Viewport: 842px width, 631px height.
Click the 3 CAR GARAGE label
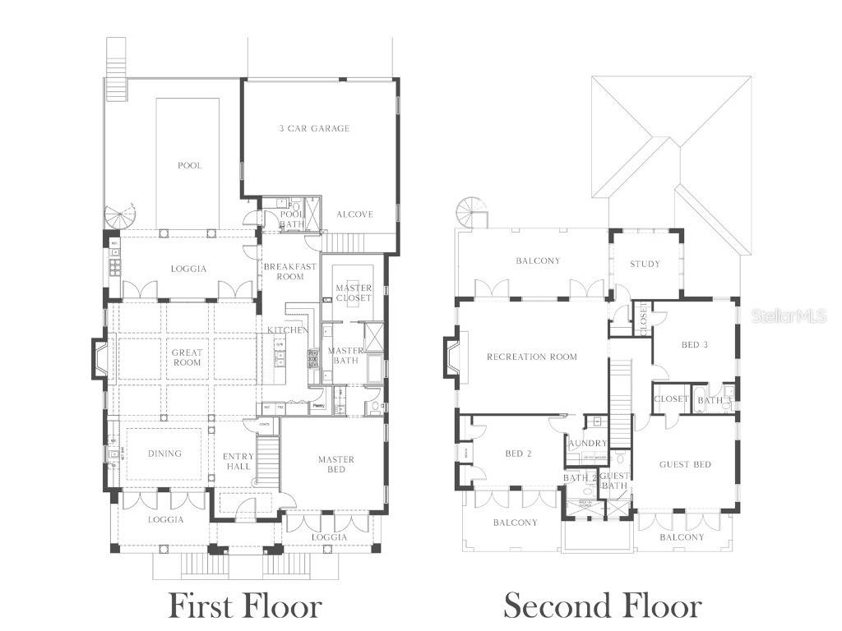[x=313, y=128]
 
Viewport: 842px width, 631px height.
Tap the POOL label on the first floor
[x=189, y=165]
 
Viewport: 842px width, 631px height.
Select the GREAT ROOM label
[x=187, y=357]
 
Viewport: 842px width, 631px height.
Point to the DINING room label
[x=164, y=454]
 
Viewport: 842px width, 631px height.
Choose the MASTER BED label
[x=336, y=464]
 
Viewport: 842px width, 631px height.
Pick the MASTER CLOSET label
[x=354, y=292]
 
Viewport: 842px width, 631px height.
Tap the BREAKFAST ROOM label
[x=289, y=271]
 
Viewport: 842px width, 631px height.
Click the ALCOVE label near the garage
[x=354, y=214]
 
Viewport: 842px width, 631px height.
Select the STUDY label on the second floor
[x=645, y=264]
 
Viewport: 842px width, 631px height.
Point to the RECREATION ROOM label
[x=532, y=357]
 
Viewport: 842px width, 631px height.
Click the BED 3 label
[x=694, y=345]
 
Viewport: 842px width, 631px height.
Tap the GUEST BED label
[x=685, y=464]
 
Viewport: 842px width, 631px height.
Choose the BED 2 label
[x=519, y=454]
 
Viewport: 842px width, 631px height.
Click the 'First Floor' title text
[x=244, y=606]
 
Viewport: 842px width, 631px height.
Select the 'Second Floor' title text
[x=603, y=606]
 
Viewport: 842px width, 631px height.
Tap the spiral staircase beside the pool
[x=121, y=217]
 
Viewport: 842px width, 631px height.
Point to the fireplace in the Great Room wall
[x=99, y=358]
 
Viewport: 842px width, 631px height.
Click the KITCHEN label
[x=287, y=330]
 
